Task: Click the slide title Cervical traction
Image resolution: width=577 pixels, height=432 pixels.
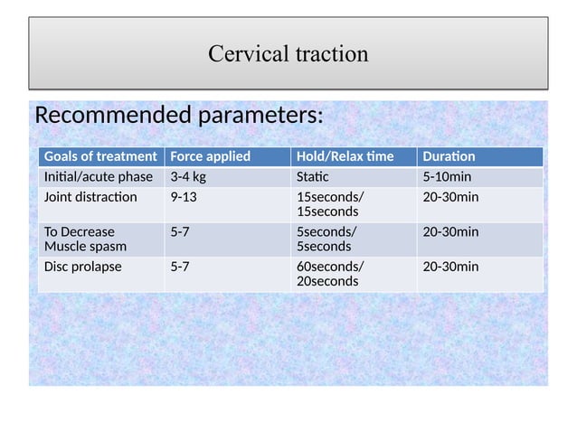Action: click(288, 53)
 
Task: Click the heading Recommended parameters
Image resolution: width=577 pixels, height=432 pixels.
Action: click(178, 117)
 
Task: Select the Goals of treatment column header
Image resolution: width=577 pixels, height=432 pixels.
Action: click(99, 156)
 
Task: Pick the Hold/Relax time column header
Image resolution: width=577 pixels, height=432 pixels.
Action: click(345, 156)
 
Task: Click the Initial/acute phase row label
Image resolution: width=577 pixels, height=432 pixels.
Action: click(99, 176)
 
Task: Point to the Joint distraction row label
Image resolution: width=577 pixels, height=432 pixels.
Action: click(90, 197)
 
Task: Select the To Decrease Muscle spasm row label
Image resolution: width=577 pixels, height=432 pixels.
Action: click(86, 239)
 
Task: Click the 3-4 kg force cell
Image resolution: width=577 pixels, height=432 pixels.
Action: click(188, 176)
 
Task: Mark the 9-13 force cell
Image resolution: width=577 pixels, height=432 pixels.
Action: click(184, 197)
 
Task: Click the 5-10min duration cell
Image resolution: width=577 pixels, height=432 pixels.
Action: click(447, 176)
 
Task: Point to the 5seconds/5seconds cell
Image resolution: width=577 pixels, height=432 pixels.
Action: click(327, 239)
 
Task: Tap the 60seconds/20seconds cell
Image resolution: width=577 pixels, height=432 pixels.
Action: click(331, 274)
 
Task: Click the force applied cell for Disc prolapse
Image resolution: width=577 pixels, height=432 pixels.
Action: click(180, 267)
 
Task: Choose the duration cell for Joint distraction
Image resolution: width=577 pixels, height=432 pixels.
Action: click(450, 197)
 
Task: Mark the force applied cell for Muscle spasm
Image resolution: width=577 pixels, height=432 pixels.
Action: click(180, 231)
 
